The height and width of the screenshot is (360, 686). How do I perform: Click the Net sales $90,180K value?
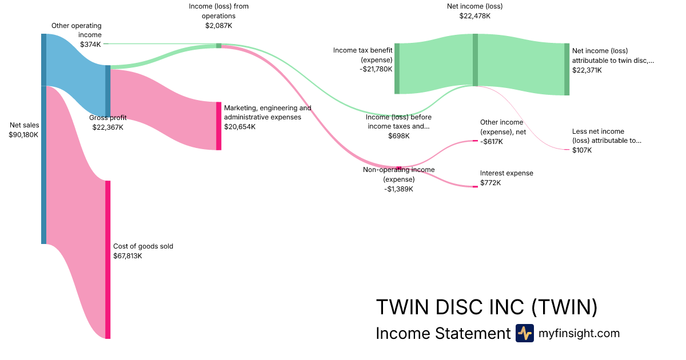tap(23, 135)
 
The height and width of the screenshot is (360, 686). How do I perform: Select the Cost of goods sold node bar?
tap(107, 259)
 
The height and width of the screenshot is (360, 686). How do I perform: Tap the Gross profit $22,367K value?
tap(107, 127)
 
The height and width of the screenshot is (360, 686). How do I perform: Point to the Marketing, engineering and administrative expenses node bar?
tap(218, 126)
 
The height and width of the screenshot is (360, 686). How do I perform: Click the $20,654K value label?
tap(240, 127)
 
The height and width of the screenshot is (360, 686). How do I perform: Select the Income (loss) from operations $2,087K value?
tap(218, 26)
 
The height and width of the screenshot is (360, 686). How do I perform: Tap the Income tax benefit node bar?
tap(397, 69)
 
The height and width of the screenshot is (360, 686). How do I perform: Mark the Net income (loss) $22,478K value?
tap(474, 16)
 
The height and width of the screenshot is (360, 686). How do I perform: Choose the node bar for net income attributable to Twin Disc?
tap(567, 69)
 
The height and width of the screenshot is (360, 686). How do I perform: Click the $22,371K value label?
tap(588, 70)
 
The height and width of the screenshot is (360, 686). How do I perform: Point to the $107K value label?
tap(582, 150)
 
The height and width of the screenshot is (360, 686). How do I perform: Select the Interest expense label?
tap(506, 173)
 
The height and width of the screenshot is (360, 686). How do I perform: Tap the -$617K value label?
tap(492, 141)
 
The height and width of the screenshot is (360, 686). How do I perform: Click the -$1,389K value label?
tap(398, 189)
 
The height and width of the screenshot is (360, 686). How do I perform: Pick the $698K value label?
tap(398, 136)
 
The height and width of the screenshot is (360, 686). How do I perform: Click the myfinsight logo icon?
tap(524, 333)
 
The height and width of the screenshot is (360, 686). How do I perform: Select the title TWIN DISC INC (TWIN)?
tap(486, 307)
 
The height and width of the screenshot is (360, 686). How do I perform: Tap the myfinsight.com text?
tap(579, 333)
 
